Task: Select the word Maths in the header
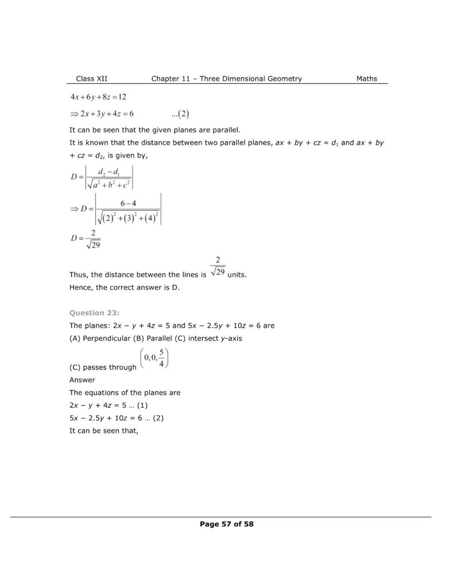tap(367, 79)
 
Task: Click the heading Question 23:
tap(94, 312)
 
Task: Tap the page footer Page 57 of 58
tap(226, 523)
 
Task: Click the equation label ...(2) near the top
tap(183, 114)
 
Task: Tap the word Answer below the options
tap(82, 379)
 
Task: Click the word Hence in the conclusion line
tap(80, 288)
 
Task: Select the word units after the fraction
tap(238, 275)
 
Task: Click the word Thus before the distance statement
tap(79, 275)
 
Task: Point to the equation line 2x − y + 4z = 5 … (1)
tap(108, 405)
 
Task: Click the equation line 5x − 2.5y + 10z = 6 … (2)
tap(117, 418)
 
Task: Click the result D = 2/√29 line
tap(86, 238)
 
